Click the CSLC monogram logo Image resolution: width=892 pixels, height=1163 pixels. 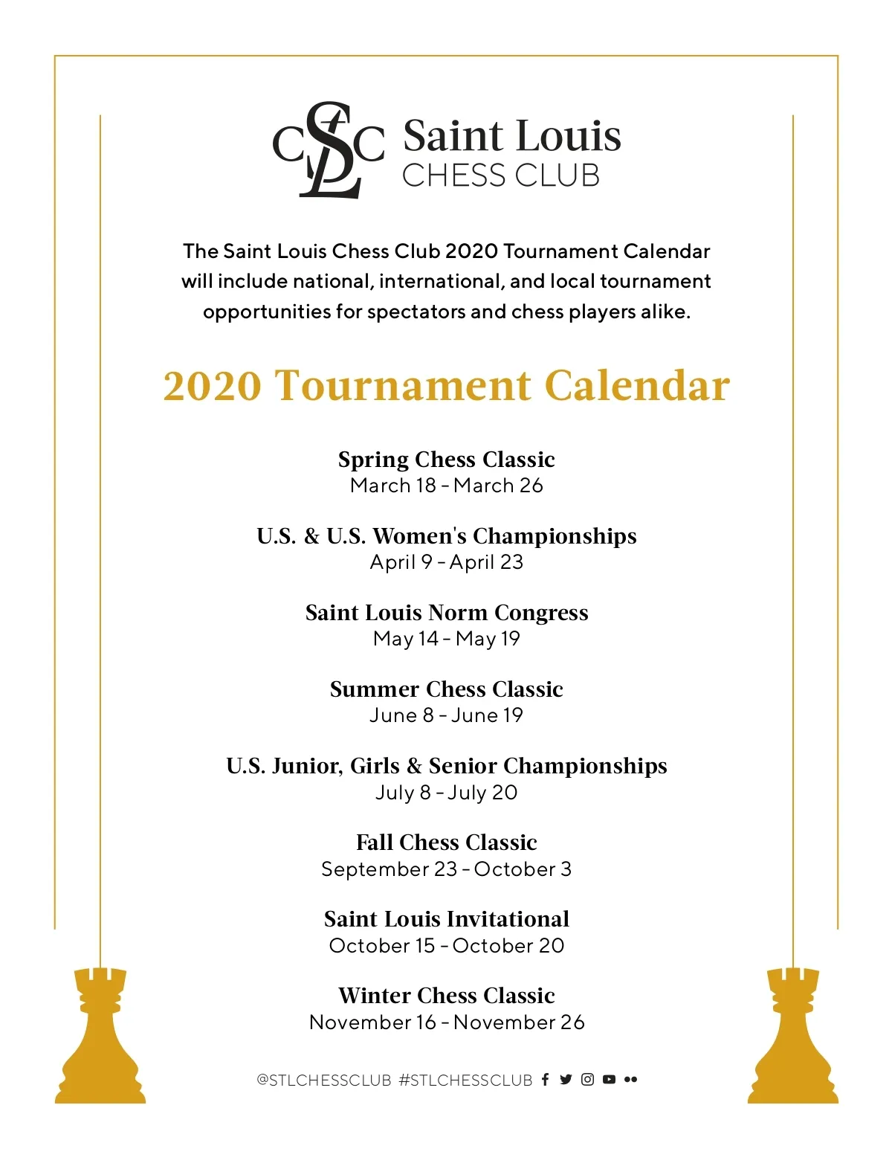tap(329, 150)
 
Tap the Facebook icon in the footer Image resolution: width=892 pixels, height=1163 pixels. tap(545, 1080)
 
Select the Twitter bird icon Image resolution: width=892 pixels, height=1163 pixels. tap(566, 1080)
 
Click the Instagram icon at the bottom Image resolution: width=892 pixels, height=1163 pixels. tap(587, 1080)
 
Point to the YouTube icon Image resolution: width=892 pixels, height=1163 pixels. tap(609, 1080)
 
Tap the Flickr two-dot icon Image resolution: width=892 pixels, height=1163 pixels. tap(630, 1080)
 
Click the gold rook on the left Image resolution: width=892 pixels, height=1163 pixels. tap(100, 1037)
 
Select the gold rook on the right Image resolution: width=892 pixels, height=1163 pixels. tap(792, 1037)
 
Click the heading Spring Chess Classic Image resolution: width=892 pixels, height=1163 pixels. tap(446, 460)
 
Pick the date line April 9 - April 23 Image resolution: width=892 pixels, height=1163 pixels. tap(446, 562)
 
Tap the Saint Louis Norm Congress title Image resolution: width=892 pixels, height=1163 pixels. tap(446, 613)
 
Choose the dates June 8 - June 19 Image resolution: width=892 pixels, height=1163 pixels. tap(446, 715)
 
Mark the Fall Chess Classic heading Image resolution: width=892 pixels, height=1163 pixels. tap(446, 843)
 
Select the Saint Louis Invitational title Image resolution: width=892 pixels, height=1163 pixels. tap(446, 919)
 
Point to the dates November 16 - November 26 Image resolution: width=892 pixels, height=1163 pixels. tap(446, 1022)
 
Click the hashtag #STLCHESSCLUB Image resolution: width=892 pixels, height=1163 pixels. tap(465, 1080)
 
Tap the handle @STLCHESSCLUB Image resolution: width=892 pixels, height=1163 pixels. tap(323, 1080)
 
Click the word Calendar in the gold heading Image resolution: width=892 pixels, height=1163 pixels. tap(637, 387)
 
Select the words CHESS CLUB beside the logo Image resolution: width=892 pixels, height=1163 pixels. tap(500, 176)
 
